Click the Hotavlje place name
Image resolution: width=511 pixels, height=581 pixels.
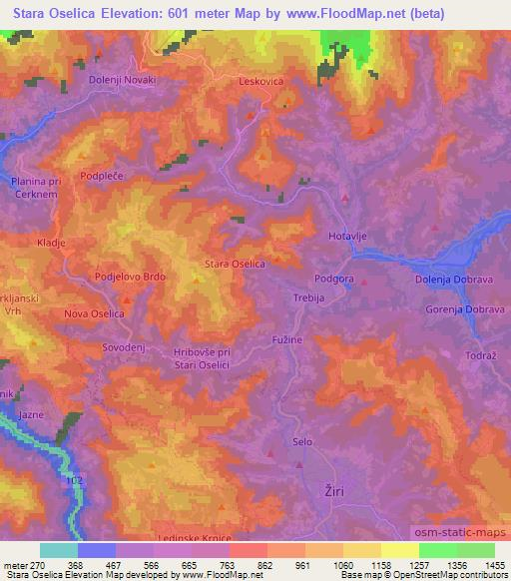[x=349, y=235]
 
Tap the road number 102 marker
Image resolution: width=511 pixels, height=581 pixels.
[x=71, y=480]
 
